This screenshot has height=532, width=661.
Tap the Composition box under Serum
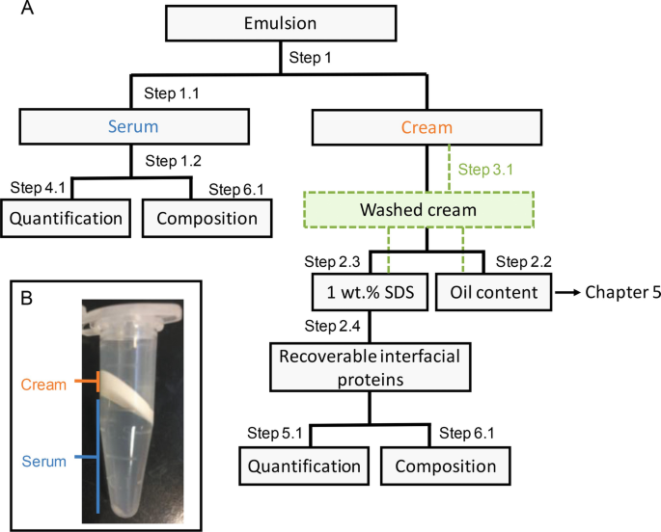207,218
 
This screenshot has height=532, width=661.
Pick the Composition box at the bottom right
446,466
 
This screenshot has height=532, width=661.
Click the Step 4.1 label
38,187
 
